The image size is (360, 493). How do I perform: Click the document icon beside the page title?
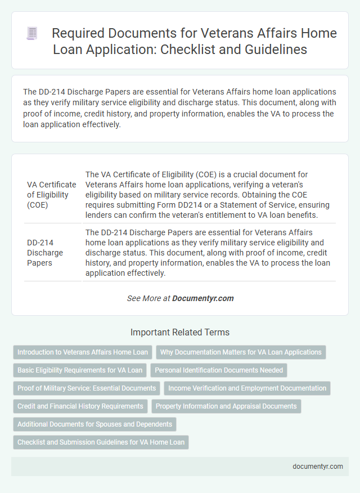(32, 34)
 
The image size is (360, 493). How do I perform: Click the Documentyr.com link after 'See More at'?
(203, 298)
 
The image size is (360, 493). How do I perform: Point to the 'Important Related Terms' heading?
(180, 332)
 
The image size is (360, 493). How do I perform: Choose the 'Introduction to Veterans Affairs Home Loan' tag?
(83, 352)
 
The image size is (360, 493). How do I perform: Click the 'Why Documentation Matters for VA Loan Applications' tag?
(241, 352)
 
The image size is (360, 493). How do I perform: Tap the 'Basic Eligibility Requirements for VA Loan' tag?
(80, 370)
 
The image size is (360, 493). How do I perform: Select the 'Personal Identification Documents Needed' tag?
(219, 370)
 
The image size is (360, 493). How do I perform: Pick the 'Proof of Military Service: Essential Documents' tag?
(87, 388)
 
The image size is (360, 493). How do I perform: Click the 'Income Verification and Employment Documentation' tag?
(247, 388)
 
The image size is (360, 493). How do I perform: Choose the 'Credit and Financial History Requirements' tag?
(80, 406)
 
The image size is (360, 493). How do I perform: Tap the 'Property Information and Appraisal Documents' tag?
(226, 406)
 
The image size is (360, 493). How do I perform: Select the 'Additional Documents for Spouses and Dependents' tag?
(95, 424)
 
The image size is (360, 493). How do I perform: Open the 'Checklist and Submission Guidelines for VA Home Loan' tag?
(101, 442)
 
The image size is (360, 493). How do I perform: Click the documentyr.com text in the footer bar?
(317, 467)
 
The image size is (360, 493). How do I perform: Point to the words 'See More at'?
(148, 298)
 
